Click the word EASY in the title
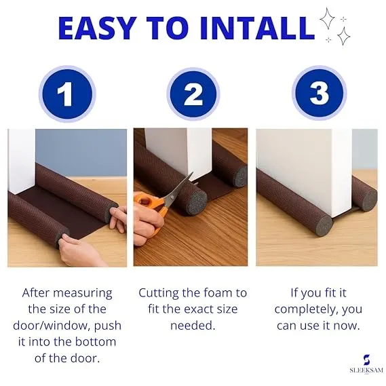pyautogui.click(x=97, y=28)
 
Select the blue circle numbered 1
pyautogui.click(x=67, y=94)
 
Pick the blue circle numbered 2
pyautogui.click(x=193, y=94)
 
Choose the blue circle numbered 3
pyautogui.click(x=320, y=94)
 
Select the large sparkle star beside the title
pyautogui.click(x=327, y=18)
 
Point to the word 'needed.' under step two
pyautogui.click(x=193, y=326)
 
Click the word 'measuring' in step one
pyautogui.click(x=83, y=294)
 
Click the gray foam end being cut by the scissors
pyautogui.click(x=195, y=204)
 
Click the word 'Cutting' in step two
pyautogui.click(x=159, y=294)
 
